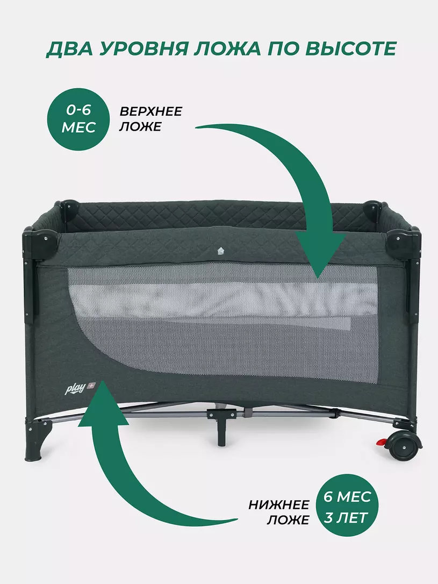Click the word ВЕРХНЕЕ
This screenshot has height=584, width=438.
pyautogui.click(x=151, y=111)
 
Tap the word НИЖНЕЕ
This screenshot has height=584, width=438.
pyautogui.click(x=279, y=505)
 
